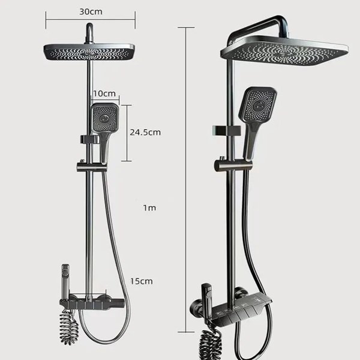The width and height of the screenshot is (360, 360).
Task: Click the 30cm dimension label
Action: click(91, 11)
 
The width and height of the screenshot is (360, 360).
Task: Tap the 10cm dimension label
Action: click(104, 94)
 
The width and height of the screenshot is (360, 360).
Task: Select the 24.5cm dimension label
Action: click(145, 132)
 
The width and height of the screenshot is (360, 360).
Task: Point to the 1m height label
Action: click(149, 208)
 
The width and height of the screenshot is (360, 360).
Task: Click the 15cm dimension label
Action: click(142, 281)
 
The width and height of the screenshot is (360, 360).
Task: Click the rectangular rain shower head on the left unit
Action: click(89, 52)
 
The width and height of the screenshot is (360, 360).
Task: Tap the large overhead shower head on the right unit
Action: click(284, 51)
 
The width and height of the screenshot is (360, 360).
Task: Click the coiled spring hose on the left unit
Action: click(68, 327)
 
